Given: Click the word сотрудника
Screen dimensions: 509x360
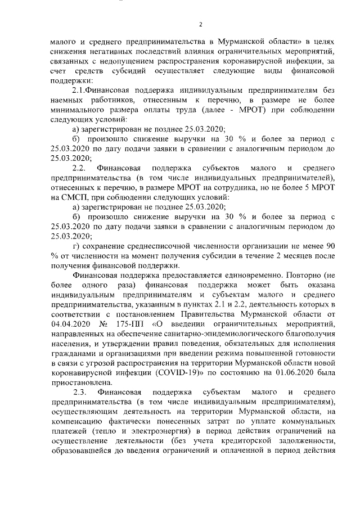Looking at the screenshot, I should [236, 187].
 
